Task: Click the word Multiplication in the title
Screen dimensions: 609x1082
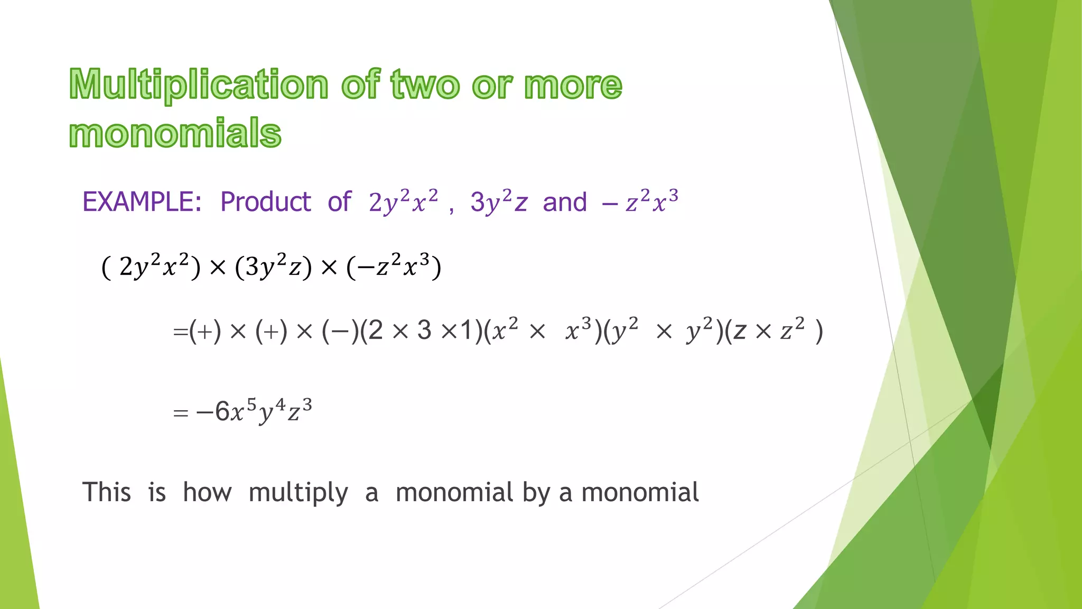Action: (x=199, y=85)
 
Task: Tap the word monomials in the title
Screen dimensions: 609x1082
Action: (x=175, y=133)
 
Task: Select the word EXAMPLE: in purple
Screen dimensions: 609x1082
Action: (x=142, y=202)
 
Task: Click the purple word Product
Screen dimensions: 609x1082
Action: (x=265, y=202)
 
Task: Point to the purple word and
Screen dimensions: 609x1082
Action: (x=564, y=202)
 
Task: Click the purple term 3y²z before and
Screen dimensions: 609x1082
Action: (x=499, y=202)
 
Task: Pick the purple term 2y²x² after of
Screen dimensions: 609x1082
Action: (x=403, y=202)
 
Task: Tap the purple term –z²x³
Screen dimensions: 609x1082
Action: (x=640, y=201)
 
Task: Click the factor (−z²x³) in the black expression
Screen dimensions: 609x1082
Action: (x=394, y=266)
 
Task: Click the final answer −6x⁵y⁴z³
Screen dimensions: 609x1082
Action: (x=254, y=411)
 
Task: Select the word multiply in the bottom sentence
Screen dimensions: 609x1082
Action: (x=298, y=493)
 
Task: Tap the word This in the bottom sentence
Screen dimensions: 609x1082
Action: (x=106, y=492)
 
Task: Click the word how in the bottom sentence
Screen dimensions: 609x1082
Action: (x=207, y=492)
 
